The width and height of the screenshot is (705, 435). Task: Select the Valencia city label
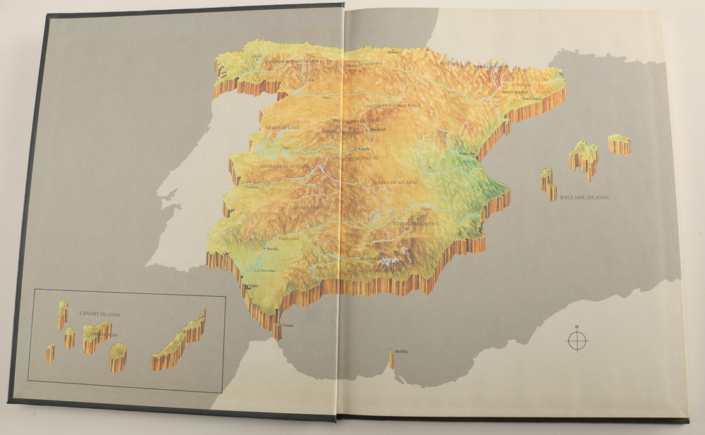point(467,154)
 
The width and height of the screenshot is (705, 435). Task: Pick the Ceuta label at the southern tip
point(288,325)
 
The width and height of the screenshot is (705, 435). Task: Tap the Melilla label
point(401,351)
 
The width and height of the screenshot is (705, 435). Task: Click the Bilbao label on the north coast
point(393,51)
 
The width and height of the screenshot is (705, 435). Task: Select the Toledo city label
point(364,149)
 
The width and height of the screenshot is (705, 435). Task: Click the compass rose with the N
point(576,341)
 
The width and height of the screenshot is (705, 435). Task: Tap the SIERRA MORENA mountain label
point(310,207)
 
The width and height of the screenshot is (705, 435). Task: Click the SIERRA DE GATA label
point(281,126)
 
